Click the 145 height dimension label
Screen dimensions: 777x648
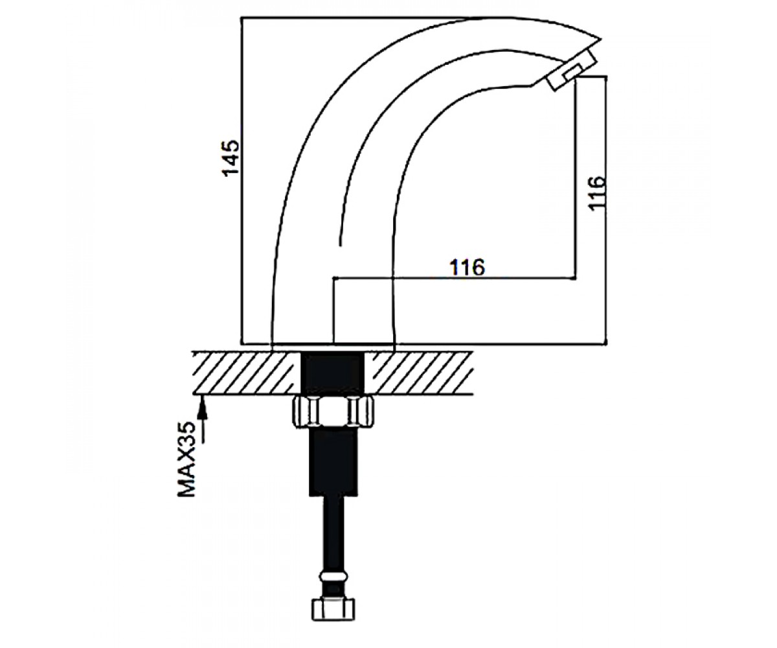point(230,157)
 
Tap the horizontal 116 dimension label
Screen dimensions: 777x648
point(467,267)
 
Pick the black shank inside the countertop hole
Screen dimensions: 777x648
point(333,373)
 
